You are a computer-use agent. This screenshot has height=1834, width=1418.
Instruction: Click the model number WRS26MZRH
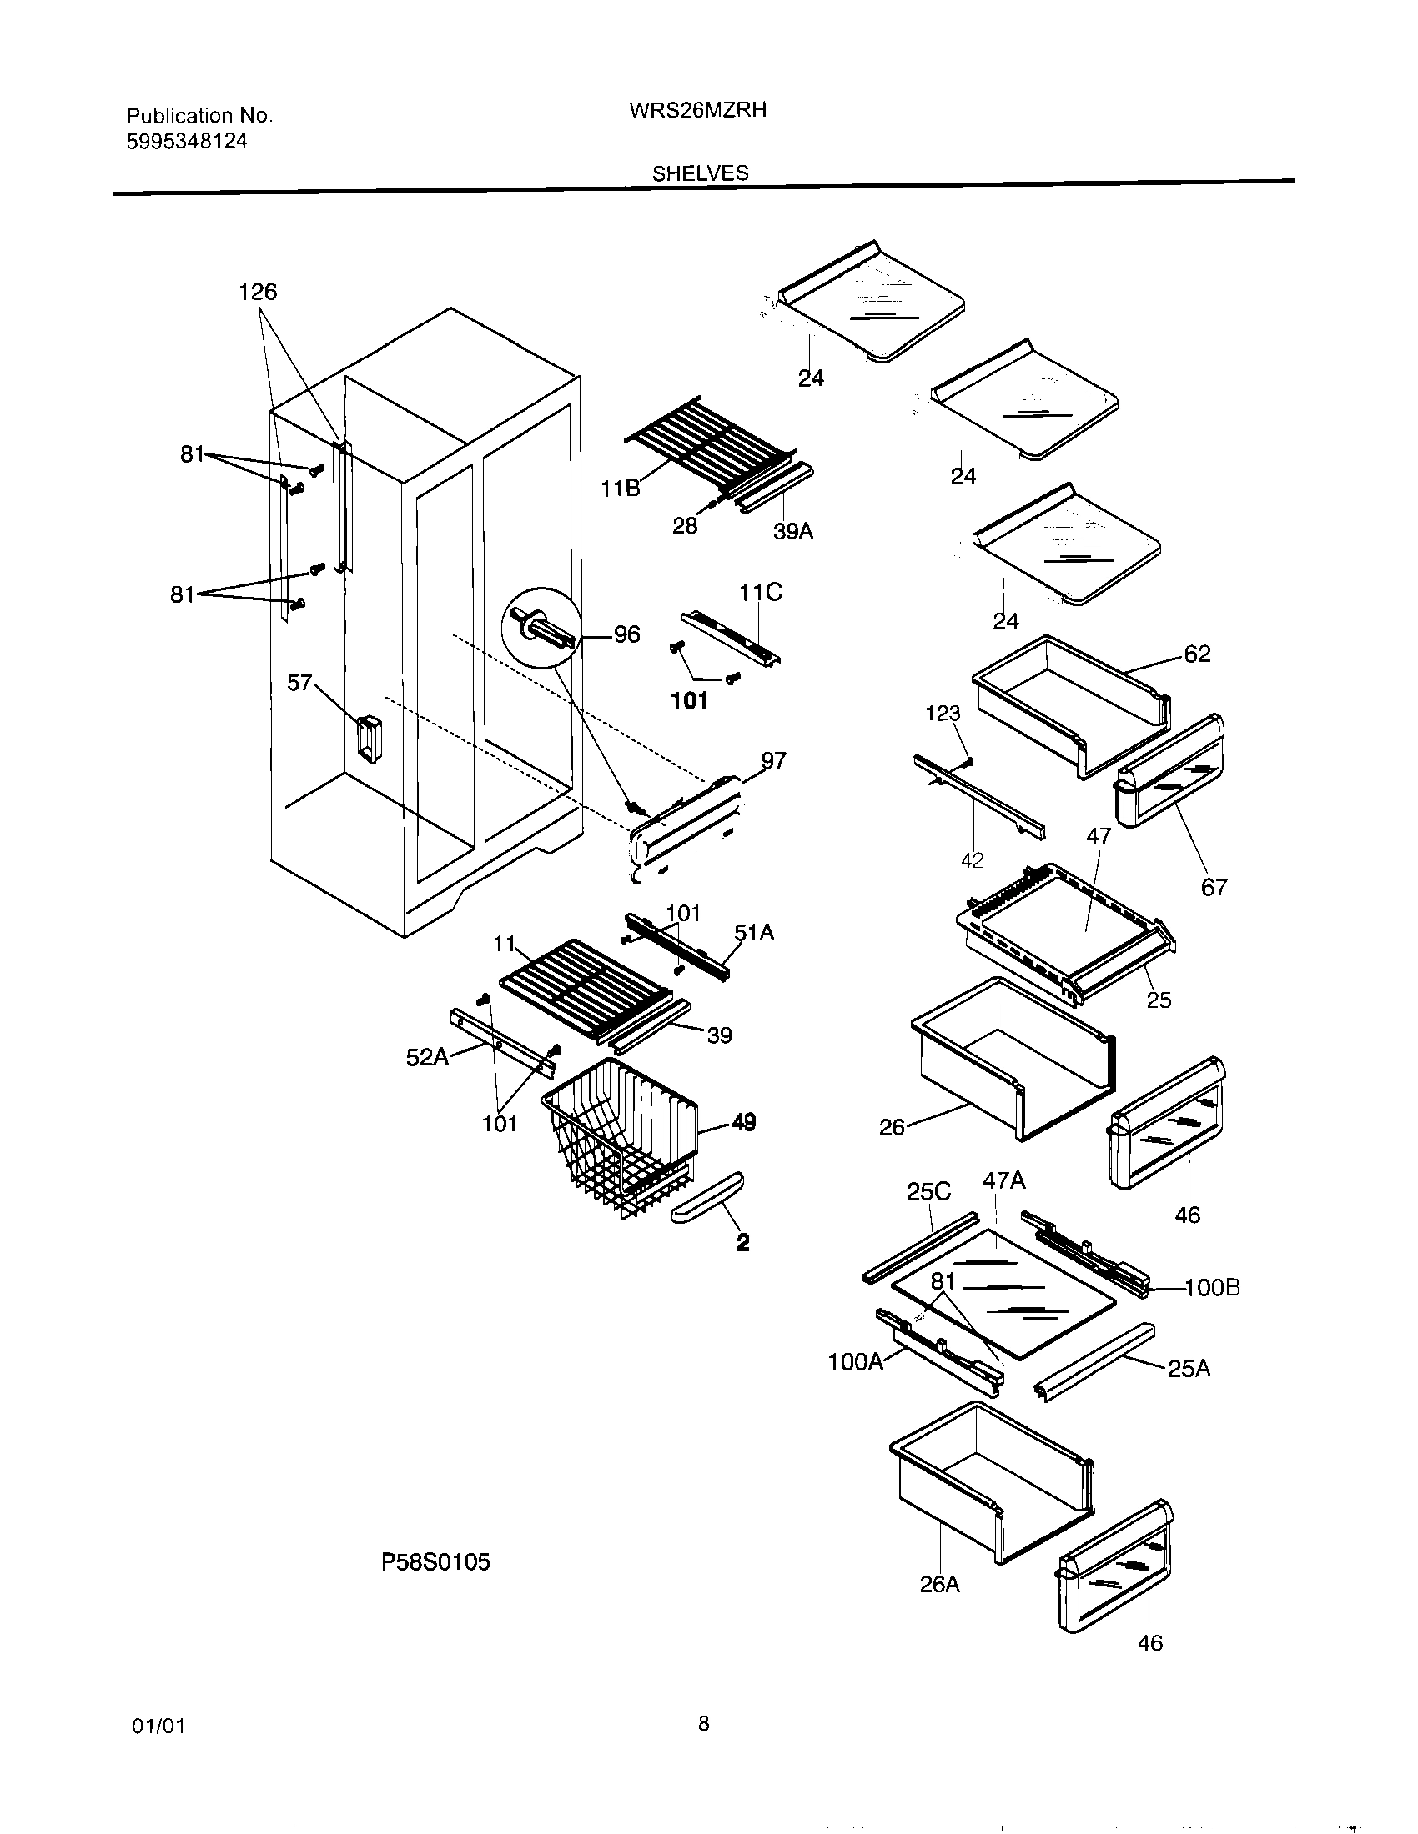pos(697,110)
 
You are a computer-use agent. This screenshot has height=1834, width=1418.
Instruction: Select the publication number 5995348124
pos(187,141)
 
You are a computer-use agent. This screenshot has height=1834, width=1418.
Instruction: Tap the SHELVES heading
pos(700,173)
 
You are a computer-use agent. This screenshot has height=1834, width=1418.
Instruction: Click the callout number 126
pos(257,292)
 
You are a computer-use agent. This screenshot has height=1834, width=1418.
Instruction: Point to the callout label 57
pos(300,683)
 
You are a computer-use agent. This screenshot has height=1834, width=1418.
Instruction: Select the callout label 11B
pos(620,488)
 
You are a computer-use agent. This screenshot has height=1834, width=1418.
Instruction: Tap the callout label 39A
pos(792,531)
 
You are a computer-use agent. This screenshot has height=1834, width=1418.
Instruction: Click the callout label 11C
pos(759,593)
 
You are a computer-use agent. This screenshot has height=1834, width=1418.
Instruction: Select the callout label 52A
pos(427,1057)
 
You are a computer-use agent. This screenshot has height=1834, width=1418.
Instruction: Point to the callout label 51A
pos(753,932)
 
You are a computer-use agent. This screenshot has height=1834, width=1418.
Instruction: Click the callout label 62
pos(1197,654)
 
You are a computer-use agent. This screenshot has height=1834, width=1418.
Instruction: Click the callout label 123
pos(943,713)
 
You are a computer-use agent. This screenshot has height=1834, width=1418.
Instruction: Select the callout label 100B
pos(1211,1287)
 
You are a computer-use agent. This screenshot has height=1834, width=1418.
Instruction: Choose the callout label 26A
pos(939,1584)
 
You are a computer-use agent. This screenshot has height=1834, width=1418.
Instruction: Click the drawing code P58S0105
pos(435,1562)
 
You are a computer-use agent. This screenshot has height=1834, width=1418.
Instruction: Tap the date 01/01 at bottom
pos(158,1726)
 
